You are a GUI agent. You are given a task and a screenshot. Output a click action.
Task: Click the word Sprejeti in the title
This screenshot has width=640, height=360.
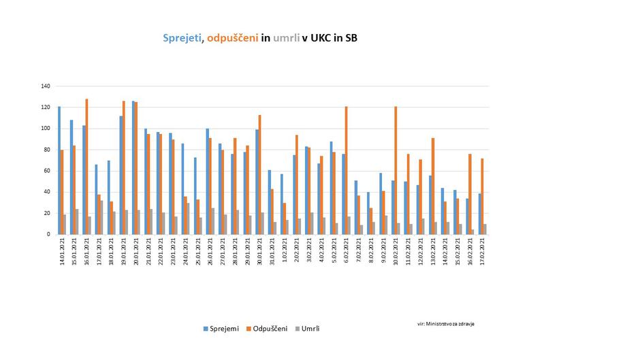pos(182,38)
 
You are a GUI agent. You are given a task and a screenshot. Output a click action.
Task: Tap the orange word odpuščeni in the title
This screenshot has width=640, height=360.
pos(232,38)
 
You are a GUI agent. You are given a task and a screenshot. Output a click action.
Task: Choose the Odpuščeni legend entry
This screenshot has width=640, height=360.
pos(267,329)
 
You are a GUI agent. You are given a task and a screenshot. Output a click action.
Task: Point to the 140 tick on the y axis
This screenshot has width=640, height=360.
pos(46,86)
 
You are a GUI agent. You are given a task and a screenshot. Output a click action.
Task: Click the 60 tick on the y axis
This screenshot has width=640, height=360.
pos(47,171)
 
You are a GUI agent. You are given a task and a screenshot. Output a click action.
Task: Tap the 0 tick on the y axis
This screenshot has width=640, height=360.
pos(49,234)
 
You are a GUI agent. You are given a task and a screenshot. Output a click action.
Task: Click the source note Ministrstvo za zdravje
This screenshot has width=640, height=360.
pos(446,324)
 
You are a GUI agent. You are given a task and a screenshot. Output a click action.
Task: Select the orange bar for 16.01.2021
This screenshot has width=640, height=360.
pos(87,167)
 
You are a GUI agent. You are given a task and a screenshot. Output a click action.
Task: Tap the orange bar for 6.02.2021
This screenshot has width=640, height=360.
pos(347,170)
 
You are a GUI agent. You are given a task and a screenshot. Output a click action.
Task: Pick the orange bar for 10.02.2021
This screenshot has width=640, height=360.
pos(396,170)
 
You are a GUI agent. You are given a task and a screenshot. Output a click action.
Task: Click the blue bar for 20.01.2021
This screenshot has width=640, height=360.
pos(133,167)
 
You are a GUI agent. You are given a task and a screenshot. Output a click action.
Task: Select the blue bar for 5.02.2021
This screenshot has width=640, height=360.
pos(331,188)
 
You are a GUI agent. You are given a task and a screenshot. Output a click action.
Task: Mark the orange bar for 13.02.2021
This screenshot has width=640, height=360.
pos(433,186)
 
